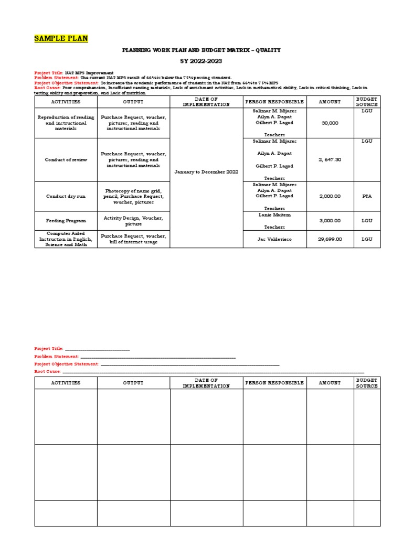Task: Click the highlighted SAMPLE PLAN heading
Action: [x=61, y=38]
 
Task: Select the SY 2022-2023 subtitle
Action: [x=201, y=61]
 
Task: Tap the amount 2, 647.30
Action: [x=330, y=159]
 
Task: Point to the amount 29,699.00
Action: [x=330, y=239]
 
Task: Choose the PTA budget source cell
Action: [x=367, y=196]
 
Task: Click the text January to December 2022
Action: [x=206, y=171]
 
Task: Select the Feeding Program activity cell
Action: [x=66, y=221]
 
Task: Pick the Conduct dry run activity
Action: [x=66, y=196]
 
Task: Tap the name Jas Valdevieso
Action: [x=274, y=239]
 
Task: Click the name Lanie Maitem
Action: [x=274, y=215]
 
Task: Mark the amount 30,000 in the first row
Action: [x=330, y=123]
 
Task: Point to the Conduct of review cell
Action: [x=66, y=159]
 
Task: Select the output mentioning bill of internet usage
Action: [x=133, y=239]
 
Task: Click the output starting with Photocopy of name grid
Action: [x=133, y=196]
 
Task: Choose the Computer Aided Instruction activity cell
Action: [x=66, y=239]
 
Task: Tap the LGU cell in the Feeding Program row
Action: [x=367, y=221]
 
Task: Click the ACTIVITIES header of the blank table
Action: [x=66, y=383]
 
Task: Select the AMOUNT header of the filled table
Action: [x=330, y=102]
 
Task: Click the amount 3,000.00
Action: [x=330, y=221]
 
